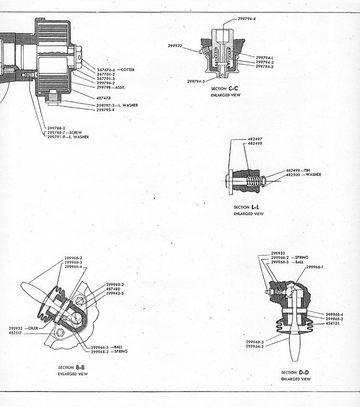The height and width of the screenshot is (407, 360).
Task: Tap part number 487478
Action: tap(104, 98)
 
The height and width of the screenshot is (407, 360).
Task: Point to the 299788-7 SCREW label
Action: tap(64, 132)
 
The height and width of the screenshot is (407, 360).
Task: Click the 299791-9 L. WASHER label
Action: tap(68, 137)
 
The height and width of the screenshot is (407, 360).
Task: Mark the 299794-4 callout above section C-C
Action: tap(246, 19)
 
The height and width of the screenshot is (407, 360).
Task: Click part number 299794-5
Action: tap(196, 81)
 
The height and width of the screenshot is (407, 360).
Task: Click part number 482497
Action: tap(255, 139)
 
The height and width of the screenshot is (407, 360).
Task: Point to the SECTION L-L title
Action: tap(246, 207)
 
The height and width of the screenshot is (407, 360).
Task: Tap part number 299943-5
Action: tap(115, 293)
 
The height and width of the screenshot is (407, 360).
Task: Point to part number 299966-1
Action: tap(315, 267)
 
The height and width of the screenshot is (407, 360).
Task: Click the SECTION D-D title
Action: tap(295, 372)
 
